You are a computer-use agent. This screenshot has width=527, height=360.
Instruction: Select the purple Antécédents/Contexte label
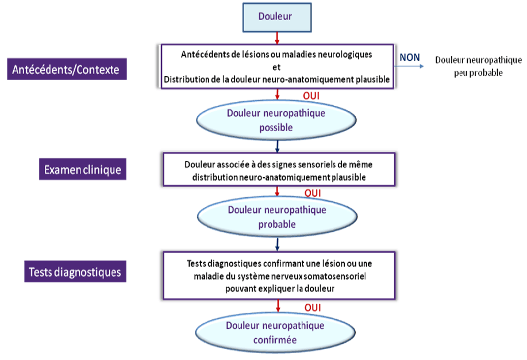pyautogui.click(x=66, y=70)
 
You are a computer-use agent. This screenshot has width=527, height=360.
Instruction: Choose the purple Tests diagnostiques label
pyautogui.click(x=75, y=271)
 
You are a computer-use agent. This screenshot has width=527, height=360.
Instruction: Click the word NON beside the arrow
pyautogui.click(x=409, y=57)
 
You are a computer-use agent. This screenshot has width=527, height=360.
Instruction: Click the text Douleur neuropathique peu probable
pyautogui.click(x=478, y=66)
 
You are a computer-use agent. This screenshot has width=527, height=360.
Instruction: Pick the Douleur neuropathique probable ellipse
pyautogui.click(x=277, y=217)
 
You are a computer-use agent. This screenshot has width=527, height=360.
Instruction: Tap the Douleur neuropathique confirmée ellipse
pyautogui.click(x=275, y=332)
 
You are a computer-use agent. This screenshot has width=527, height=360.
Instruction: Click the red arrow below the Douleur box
pyautogui.click(x=278, y=38)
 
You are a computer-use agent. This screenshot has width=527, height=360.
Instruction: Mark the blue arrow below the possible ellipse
pyautogui.click(x=278, y=144)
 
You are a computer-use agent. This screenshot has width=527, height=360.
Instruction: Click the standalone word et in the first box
pyautogui.click(x=276, y=66)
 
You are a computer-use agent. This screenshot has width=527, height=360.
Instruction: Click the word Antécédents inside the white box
pyautogui.click(x=205, y=55)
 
